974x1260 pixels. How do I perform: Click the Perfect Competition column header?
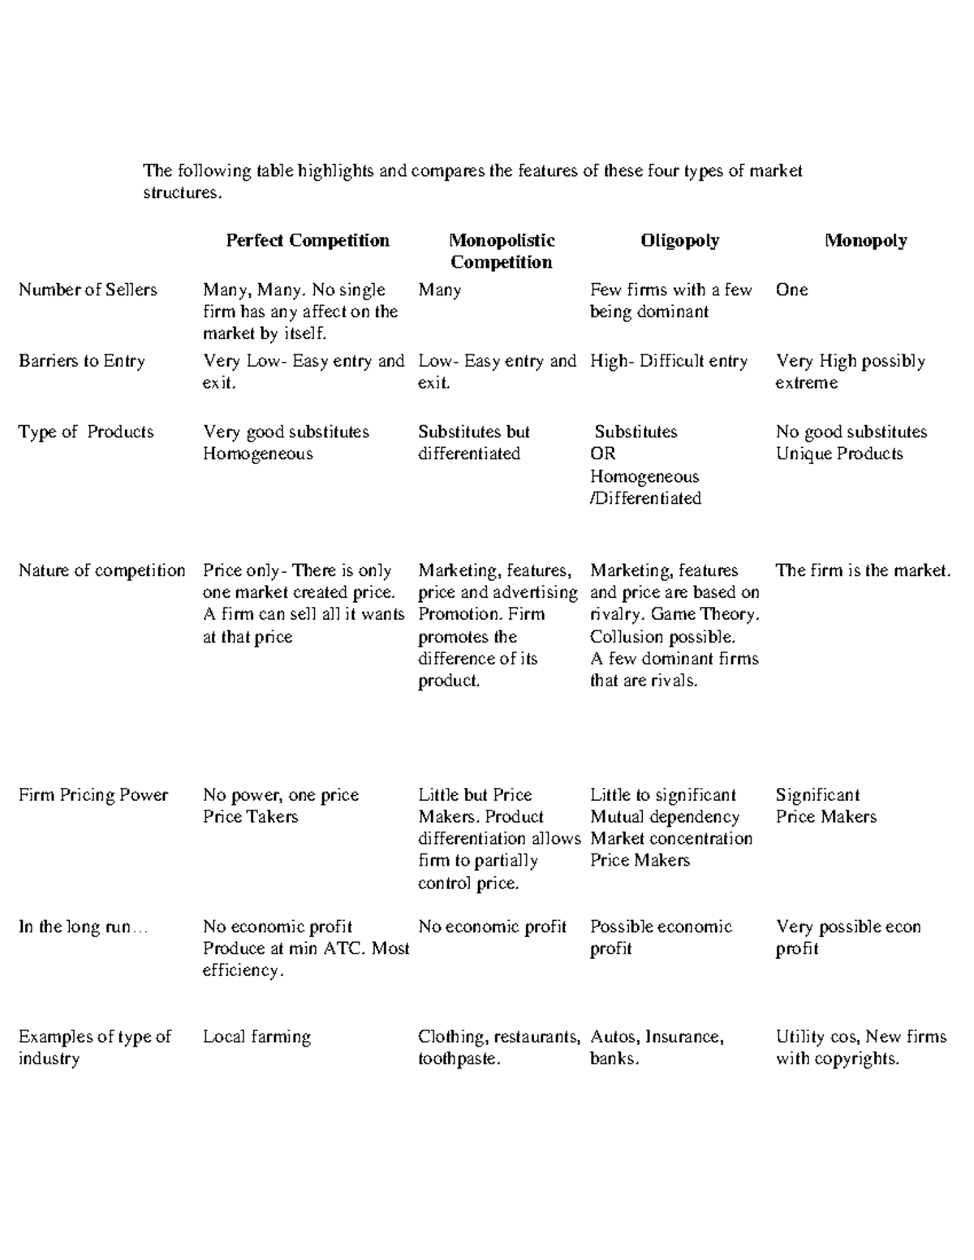point(308,240)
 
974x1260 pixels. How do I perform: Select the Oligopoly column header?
point(679,240)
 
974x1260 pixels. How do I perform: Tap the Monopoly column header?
point(865,240)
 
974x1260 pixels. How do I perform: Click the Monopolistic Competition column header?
point(502,251)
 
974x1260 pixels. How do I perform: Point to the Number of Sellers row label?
point(88,290)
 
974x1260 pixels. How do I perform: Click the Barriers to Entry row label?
point(82,361)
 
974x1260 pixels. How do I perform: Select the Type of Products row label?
point(86,432)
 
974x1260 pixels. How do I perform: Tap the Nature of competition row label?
point(101,570)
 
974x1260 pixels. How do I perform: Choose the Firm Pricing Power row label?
point(93,795)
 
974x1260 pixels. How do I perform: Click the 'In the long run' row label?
point(83,927)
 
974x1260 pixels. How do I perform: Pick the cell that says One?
point(791,290)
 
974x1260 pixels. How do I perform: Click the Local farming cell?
point(256,1037)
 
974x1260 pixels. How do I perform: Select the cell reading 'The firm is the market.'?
point(862,570)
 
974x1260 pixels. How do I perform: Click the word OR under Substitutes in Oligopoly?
point(602,454)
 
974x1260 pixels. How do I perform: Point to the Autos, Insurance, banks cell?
point(656,1047)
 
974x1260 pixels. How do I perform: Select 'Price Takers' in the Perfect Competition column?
point(250,817)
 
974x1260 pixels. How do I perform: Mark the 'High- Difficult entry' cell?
point(668,361)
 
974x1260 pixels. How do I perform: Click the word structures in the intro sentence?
point(181,193)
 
